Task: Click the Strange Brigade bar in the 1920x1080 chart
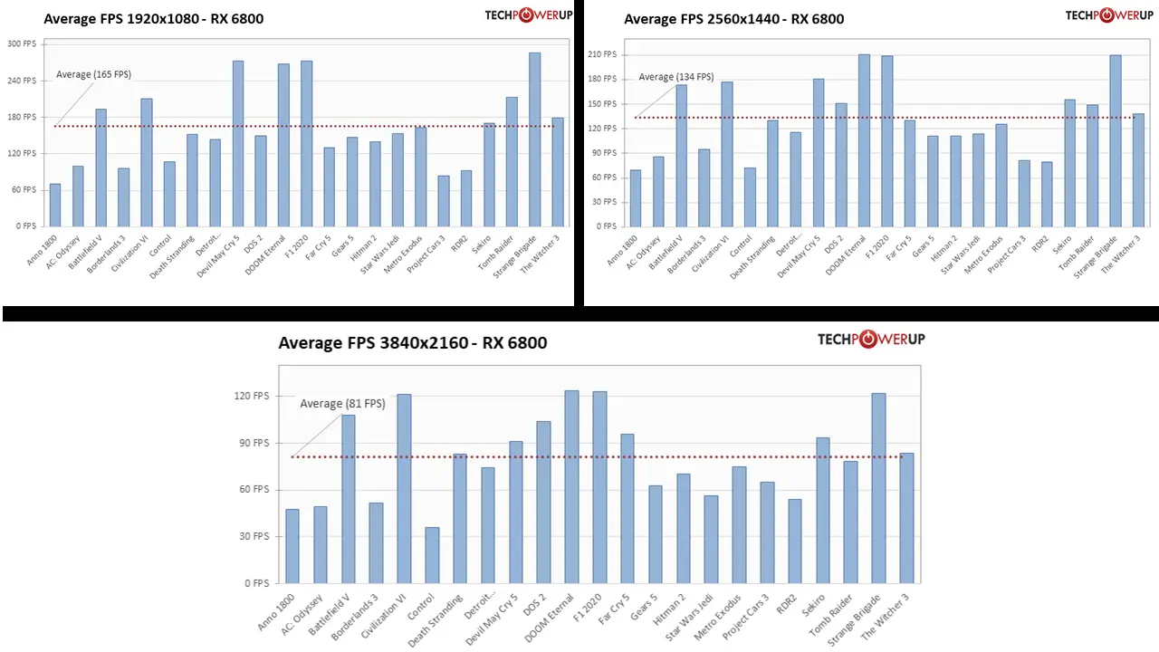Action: [534, 139]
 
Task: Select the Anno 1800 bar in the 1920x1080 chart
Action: [55, 205]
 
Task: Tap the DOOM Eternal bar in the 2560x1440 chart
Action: [864, 140]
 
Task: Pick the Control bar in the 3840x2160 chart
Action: [432, 555]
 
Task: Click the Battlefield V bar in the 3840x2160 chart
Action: [349, 499]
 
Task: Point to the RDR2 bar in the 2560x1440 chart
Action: [1047, 194]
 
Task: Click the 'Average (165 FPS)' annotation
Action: [93, 74]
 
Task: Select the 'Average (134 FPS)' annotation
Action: [675, 77]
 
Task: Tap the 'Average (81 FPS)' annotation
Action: [342, 404]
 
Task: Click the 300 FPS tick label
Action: [22, 43]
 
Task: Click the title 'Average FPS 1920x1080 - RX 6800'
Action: [153, 18]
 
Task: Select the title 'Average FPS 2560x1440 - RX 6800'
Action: [733, 18]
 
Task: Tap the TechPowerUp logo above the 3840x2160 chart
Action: [871, 339]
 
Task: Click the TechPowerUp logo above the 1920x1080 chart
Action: [522, 14]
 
